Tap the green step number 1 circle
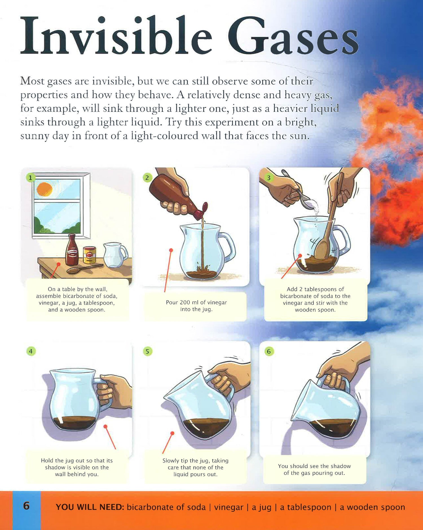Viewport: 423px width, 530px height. [30, 177]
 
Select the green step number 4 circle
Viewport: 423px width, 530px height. [31, 351]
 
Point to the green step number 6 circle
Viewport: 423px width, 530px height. [269, 351]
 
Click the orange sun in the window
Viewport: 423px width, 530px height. [45, 189]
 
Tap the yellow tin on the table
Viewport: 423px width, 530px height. [90, 255]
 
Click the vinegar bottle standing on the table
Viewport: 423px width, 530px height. [72, 250]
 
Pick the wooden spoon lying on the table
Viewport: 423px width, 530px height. [85, 269]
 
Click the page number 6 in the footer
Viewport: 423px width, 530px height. [26, 506]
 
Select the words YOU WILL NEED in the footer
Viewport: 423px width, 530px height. [90, 507]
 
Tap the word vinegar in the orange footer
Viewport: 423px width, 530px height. [228, 507]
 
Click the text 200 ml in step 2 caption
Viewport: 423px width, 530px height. [189, 302]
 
